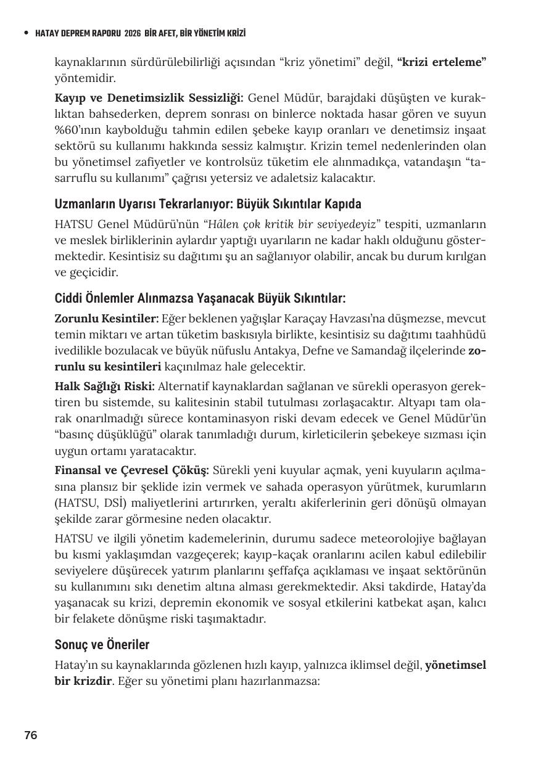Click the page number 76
31,735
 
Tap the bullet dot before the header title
26,33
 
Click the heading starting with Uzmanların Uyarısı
208,203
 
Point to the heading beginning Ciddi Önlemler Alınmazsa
200,298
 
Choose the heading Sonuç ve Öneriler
102,645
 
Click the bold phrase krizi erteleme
442,62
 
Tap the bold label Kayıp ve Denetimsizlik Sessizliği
149,98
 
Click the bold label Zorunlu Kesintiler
107,319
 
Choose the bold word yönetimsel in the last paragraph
455,665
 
